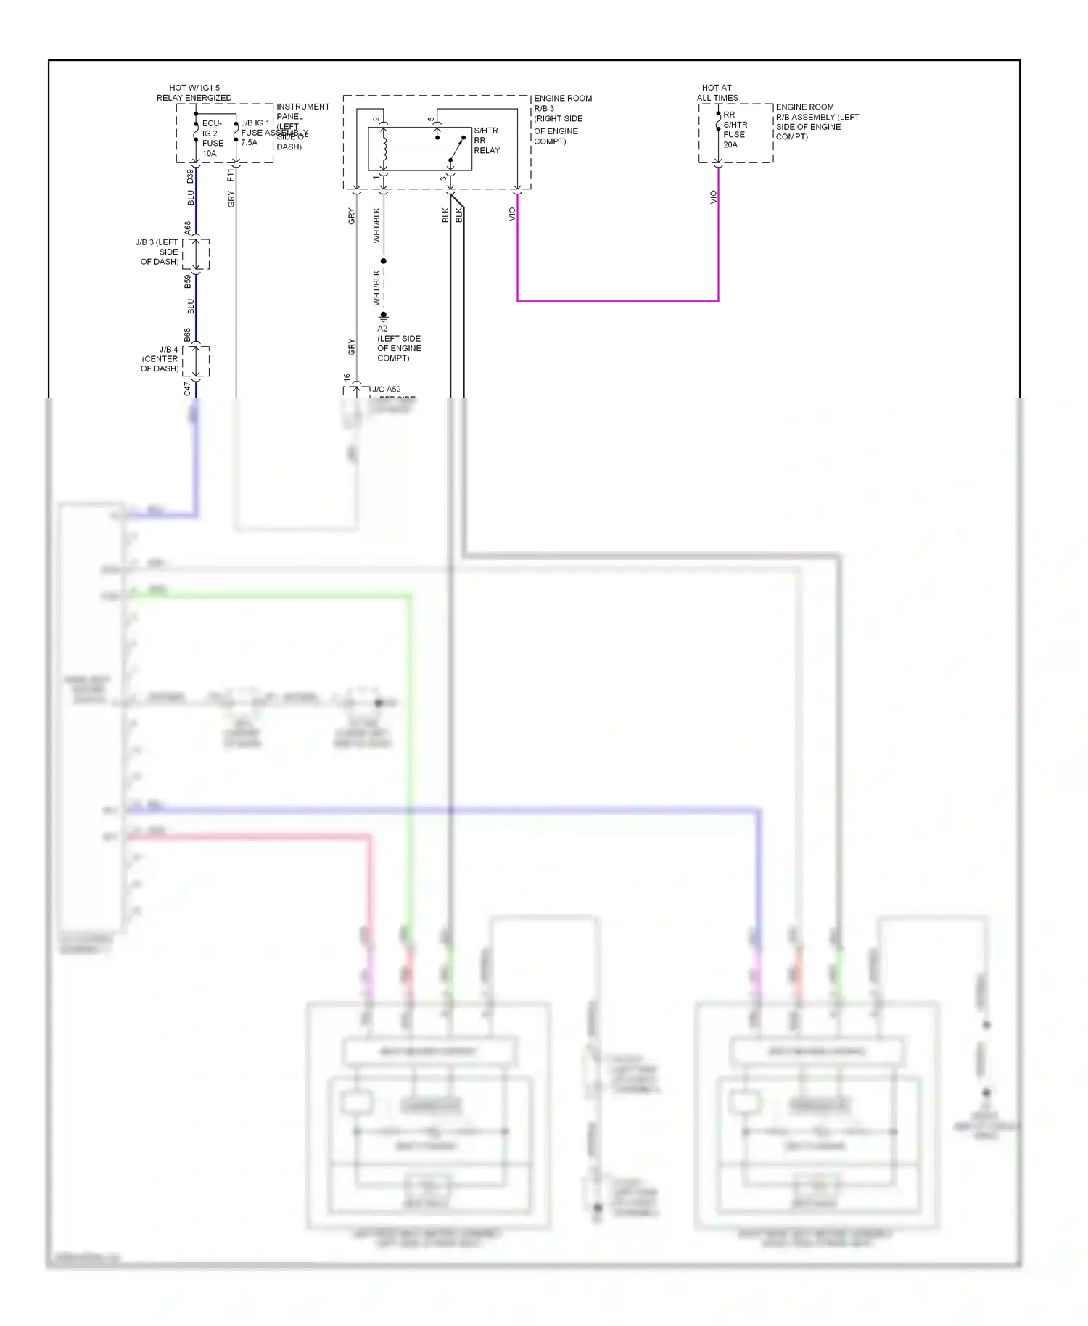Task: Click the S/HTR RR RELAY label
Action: (x=486, y=141)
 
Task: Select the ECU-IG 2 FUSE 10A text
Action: (x=212, y=139)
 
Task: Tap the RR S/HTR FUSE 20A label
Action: (x=734, y=130)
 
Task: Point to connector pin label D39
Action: (x=191, y=176)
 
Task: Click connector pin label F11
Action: (x=231, y=175)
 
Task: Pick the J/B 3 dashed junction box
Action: (x=196, y=254)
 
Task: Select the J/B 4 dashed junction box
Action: (x=196, y=361)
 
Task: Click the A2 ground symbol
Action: (x=384, y=316)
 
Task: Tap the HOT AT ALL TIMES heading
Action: (x=717, y=93)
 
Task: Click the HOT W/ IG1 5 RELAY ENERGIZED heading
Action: (x=194, y=93)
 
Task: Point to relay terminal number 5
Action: (x=431, y=120)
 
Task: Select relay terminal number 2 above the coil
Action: (x=376, y=120)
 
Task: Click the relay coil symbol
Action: (x=384, y=149)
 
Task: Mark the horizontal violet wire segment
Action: (x=617, y=300)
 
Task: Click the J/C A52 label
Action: (x=387, y=390)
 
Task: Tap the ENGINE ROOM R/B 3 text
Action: (x=562, y=103)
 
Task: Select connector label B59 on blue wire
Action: (x=188, y=281)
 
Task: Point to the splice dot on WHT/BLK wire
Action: (x=384, y=260)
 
